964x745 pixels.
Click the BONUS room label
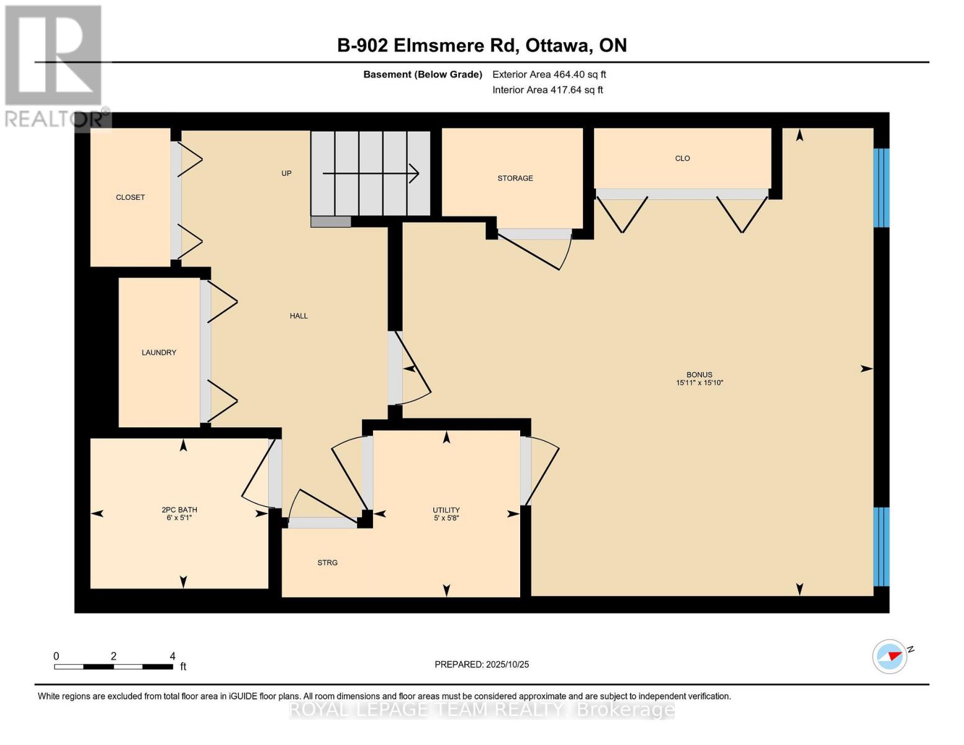[699, 374]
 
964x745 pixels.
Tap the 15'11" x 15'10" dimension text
[699, 383]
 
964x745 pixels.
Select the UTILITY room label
[446, 510]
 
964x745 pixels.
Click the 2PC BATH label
[179, 510]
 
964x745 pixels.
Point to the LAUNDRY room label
[159, 352]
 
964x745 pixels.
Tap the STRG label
[327, 562]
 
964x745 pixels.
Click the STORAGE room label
[515, 178]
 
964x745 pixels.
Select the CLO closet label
[682, 158]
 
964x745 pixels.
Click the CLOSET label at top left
[130, 197]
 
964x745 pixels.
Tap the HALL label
[299, 315]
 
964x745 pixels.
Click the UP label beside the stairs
[286, 173]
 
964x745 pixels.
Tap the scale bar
[114, 666]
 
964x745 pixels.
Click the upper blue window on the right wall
[881, 187]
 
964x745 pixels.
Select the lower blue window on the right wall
[881, 546]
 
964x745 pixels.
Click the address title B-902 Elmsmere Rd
[482, 45]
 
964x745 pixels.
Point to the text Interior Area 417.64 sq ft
[547, 90]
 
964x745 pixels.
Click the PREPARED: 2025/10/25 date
[482, 664]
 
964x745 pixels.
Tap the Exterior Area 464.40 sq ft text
[549, 74]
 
